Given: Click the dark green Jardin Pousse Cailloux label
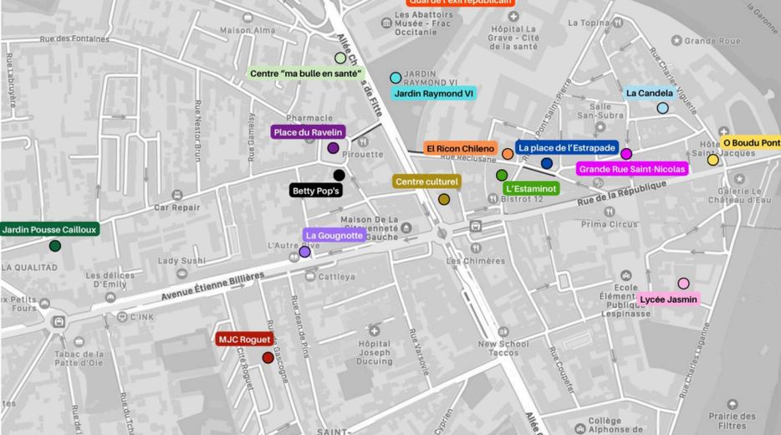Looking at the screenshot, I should (x=49, y=229).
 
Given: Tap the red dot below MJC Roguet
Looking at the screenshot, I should (x=268, y=358).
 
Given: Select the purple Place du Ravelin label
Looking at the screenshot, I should (x=309, y=132).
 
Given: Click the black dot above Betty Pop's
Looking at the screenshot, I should (x=339, y=175).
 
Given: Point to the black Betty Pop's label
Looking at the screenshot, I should (x=316, y=191).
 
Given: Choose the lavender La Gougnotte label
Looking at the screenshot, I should (x=334, y=236).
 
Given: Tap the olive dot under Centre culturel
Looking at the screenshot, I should (x=444, y=199).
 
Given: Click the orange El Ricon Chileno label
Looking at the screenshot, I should (x=460, y=149).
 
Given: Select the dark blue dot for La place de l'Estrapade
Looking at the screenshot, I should (x=547, y=163).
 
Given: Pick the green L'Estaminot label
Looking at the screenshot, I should (x=530, y=189).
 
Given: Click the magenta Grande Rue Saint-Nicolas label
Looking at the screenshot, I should (x=632, y=170).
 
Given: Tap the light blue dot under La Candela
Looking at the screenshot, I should (x=662, y=108).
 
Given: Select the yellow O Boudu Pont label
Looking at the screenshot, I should (x=750, y=143).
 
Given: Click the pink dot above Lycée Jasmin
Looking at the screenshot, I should (x=683, y=284).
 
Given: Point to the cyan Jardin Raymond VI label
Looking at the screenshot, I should (x=433, y=94).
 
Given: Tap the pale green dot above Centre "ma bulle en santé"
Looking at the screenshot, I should (x=340, y=59).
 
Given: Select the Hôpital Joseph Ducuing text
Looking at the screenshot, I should (x=375, y=353).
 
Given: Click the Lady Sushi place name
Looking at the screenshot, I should (x=181, y=261).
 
